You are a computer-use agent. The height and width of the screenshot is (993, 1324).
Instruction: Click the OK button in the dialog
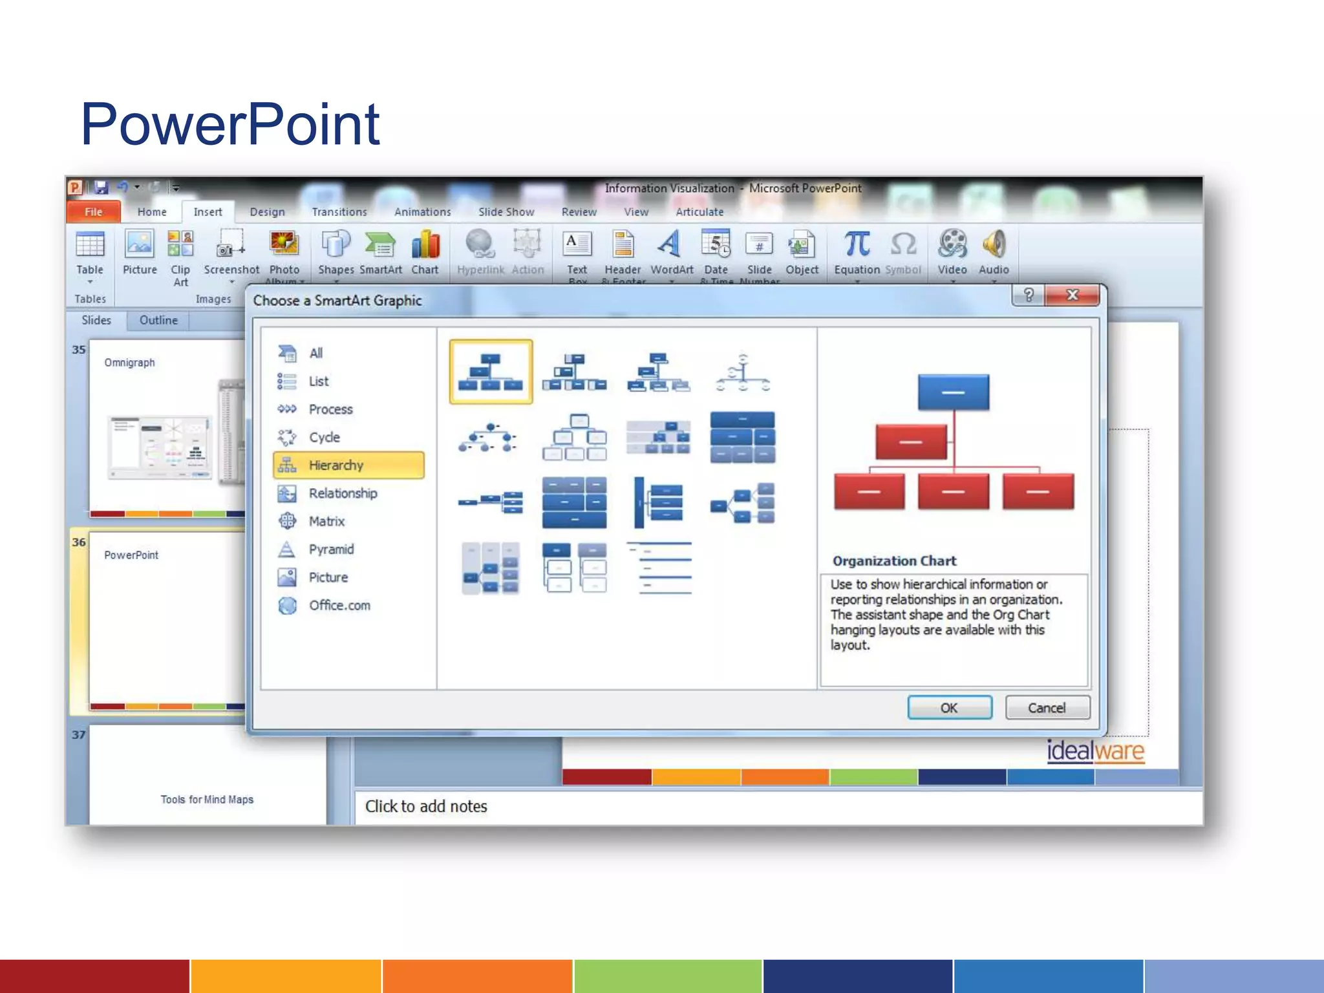[x=949, y=708]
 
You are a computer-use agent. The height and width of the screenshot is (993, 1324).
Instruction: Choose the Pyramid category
[x=330, y=550]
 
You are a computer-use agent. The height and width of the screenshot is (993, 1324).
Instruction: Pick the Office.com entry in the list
[x=339, y=606]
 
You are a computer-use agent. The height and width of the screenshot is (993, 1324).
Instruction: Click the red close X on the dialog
[x=1072, y=295]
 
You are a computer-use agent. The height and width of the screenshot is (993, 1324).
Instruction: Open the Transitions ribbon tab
[x=339, y=212]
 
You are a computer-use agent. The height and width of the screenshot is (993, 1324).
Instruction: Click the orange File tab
[x=94, y=212]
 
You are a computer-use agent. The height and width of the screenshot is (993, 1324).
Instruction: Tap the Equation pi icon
[x=857, y=245]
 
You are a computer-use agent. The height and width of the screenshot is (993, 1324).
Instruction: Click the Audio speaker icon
[x=994, y=245]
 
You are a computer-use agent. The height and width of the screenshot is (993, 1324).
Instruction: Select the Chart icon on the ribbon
[x=425, y=246]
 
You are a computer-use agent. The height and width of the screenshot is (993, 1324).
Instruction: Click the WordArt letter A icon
[x=670, y=245]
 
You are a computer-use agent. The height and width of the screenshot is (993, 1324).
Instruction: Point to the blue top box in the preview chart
[x=953, y=392]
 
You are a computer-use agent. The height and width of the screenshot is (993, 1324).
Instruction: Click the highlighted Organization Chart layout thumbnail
[x=491, y=372]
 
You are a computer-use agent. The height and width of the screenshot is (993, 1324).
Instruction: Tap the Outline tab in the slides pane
[x=158, y=321]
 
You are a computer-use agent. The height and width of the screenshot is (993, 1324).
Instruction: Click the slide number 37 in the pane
[x=79, y=735]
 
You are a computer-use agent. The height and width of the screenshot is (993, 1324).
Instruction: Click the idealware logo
[x=1095, y=751]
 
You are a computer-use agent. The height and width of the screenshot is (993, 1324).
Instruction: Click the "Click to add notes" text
[x=426, y=807]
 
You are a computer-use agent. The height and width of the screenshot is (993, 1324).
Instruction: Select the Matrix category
[x=326, y=522]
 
